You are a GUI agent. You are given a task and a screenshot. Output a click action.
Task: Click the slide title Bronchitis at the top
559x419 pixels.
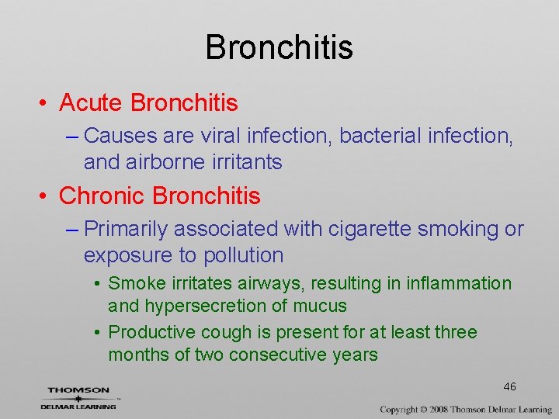tap(279, 47)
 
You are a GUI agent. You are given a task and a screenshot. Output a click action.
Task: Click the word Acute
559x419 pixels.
tap(92, 102)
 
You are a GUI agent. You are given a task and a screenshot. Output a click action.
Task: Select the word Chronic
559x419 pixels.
tap(102, 196)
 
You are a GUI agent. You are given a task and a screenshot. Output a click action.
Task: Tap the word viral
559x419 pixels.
tap(222, 136)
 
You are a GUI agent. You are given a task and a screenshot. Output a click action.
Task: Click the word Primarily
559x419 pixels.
tap(125, 229)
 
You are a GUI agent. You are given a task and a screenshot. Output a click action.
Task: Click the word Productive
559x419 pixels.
tap(151, 332)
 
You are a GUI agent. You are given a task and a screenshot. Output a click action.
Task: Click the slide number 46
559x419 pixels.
tap(509, 386)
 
